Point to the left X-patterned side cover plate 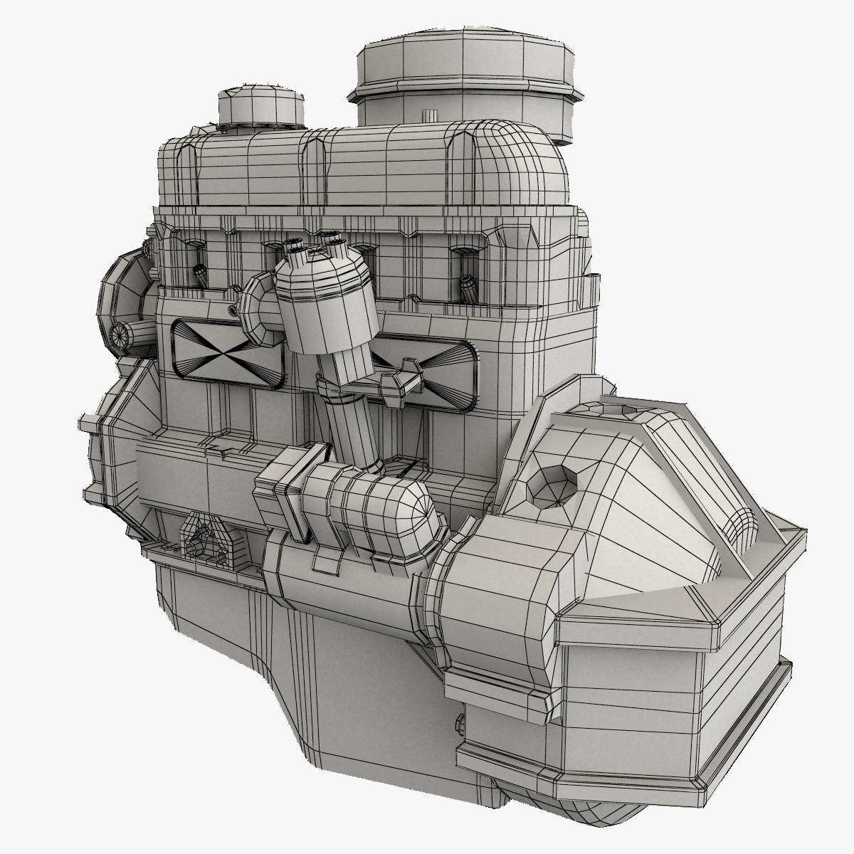coord(226,352)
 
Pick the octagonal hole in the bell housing coord(551,487)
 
